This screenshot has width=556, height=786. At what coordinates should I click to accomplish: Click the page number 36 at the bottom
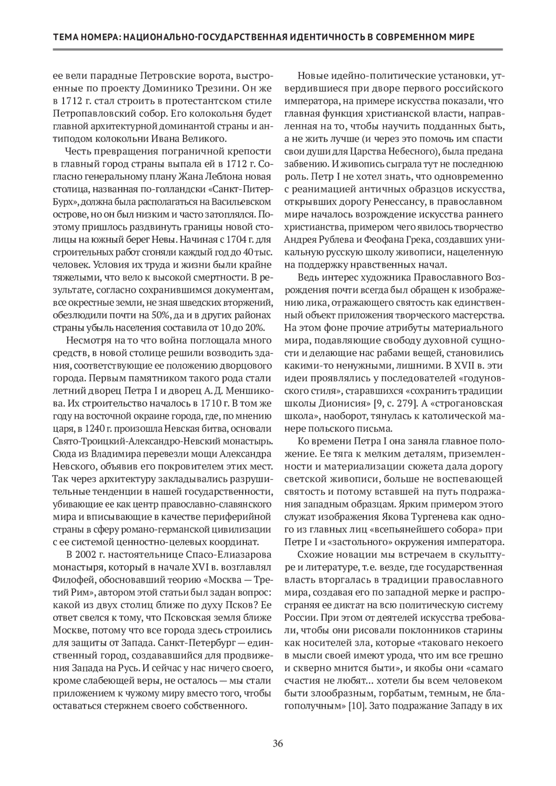278,744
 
